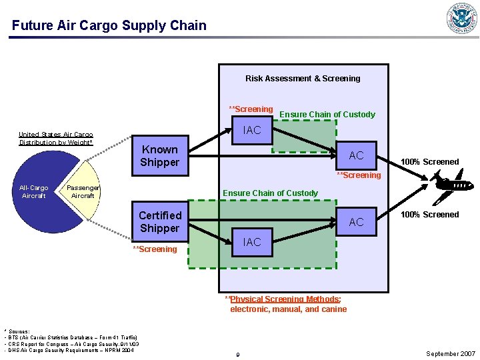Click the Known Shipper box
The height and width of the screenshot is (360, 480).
[x=159, y=156]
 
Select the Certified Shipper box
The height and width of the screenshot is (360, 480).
[x=159, y=222]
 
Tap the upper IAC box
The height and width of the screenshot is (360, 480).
[x=252, y=130]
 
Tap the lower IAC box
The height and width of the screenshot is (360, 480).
[x=252, y=242]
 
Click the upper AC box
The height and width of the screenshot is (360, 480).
[x=356, y=155]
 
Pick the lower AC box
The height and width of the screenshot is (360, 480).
[x=356, y=222]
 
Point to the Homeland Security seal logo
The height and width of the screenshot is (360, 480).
[x=462, y=18]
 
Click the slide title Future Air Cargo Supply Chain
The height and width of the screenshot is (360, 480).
[x=109, y=26]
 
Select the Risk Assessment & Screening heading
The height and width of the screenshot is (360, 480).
[x=303, y=79]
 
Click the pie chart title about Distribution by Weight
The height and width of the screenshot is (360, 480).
[x=56, y=139]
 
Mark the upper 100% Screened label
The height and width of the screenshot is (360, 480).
[x=429, y=162]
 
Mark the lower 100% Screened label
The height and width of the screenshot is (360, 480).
[x=429, y=215]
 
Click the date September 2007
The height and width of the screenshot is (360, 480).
[x=451, y=354]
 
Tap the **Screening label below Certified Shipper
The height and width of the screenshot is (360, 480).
[x=155, y=249]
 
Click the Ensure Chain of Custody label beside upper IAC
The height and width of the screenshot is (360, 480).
[x=327, y=115]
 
